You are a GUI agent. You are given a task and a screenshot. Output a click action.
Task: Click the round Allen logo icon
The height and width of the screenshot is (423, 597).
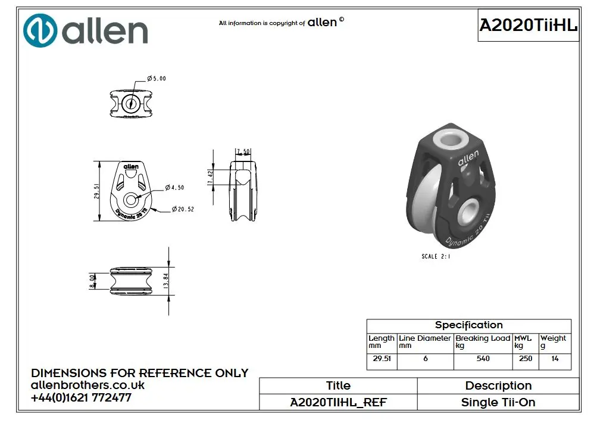coord(40,30)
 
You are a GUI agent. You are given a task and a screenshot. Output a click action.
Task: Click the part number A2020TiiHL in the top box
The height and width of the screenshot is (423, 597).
coord(528,25)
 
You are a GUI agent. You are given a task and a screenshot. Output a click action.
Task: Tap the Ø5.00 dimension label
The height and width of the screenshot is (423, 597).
coord(157,79)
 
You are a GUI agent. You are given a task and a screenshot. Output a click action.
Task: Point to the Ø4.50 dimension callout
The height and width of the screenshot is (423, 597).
coord(174,188)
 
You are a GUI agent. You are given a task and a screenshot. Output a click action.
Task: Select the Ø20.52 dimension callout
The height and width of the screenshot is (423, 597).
coord(183,209)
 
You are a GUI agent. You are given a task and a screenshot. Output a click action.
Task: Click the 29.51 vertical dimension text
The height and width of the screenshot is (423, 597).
coord(96,191)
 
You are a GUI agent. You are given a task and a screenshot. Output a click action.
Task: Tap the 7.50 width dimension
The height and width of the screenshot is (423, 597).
coord(243,151)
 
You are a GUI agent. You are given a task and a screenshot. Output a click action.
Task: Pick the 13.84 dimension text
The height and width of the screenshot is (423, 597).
coord(165,281)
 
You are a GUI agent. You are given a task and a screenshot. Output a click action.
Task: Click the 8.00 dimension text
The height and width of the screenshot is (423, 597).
coord(92,281)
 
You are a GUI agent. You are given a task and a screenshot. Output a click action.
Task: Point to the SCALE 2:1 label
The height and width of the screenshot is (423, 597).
coord(436,256)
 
